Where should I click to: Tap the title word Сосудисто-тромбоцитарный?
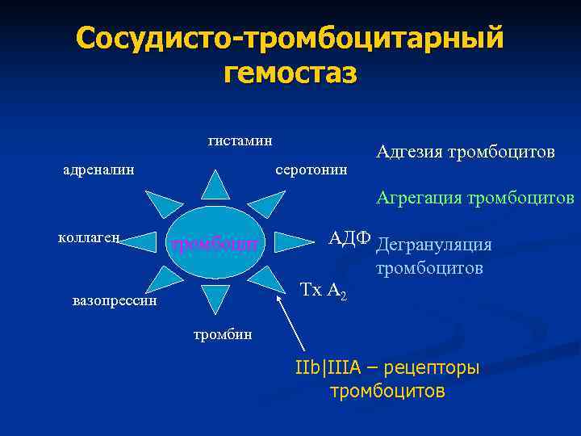pyautogui.click(x=290, y=38)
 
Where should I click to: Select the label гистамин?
pyautogui.click(x=240, y=140)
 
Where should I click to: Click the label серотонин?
pyautogui.click(x=311, y=170)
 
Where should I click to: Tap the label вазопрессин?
pyautogui.click(x=113, y=301)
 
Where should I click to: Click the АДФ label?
pyautogui.click(x=349, y=238)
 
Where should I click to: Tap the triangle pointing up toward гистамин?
pyautogui.click(x=215, y=186)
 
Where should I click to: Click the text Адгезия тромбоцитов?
pyautogui.click(x=465, y=153)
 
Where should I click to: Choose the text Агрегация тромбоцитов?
pyautogui.click(x=474, y=198)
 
